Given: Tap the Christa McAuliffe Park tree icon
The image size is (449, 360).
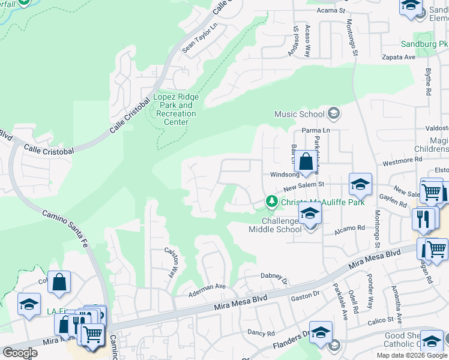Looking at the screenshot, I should click(272, 202).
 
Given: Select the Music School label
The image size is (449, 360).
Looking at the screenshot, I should click(299, 114).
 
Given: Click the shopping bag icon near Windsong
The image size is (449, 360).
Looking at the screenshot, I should click(306, 161).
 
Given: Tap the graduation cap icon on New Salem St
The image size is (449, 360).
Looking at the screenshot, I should click(360, 184).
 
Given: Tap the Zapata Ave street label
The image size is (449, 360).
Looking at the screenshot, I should click(399, 57).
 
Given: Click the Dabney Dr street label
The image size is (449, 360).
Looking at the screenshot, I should click(275, 276).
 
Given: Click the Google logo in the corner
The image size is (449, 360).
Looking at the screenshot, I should click(20, 353).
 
